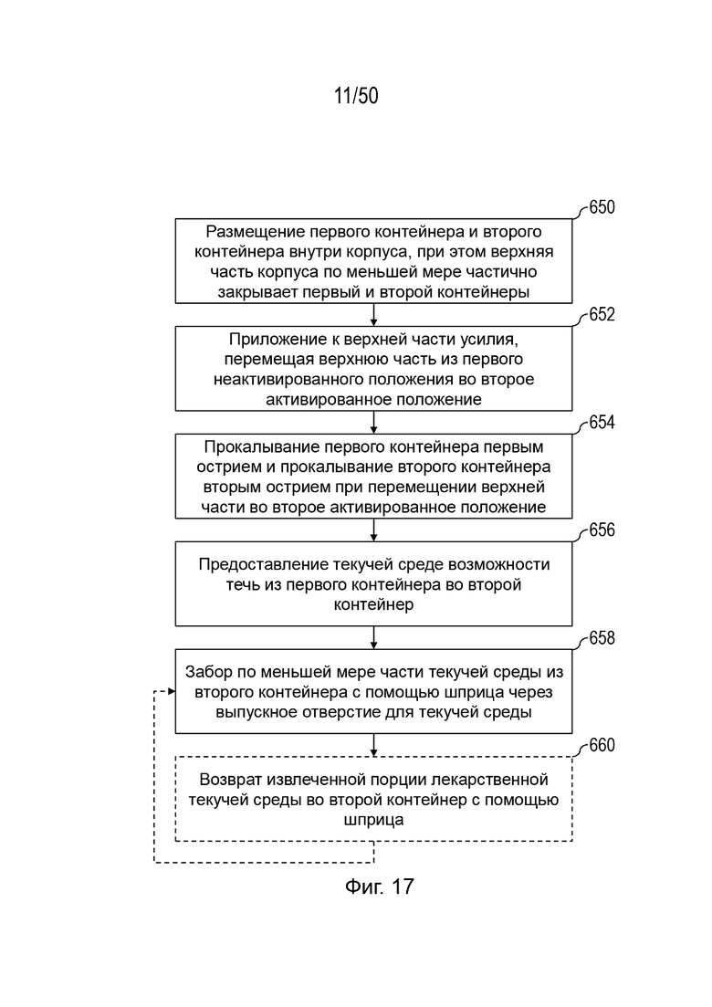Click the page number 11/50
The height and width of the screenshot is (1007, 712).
(356, 96)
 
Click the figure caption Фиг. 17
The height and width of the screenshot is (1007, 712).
(380, 886)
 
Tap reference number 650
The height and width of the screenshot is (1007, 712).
(602, 207)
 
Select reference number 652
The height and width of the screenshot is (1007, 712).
(602, 314)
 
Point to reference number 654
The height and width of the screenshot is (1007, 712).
(602, 422)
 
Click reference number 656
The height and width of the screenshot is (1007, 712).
(602, 530)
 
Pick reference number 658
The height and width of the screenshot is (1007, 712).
(602, 638)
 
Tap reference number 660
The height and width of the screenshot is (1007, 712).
(602, 745)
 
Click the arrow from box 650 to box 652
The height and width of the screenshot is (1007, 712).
(373, 315)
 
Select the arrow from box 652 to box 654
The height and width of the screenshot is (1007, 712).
(373, 423)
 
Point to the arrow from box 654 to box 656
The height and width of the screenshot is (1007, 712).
(373, 530)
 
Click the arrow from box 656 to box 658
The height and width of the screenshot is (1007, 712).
(373, 638)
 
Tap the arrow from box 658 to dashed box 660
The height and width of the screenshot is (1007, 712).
(373, 745)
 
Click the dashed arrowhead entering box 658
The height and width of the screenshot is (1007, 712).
(172, 692)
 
